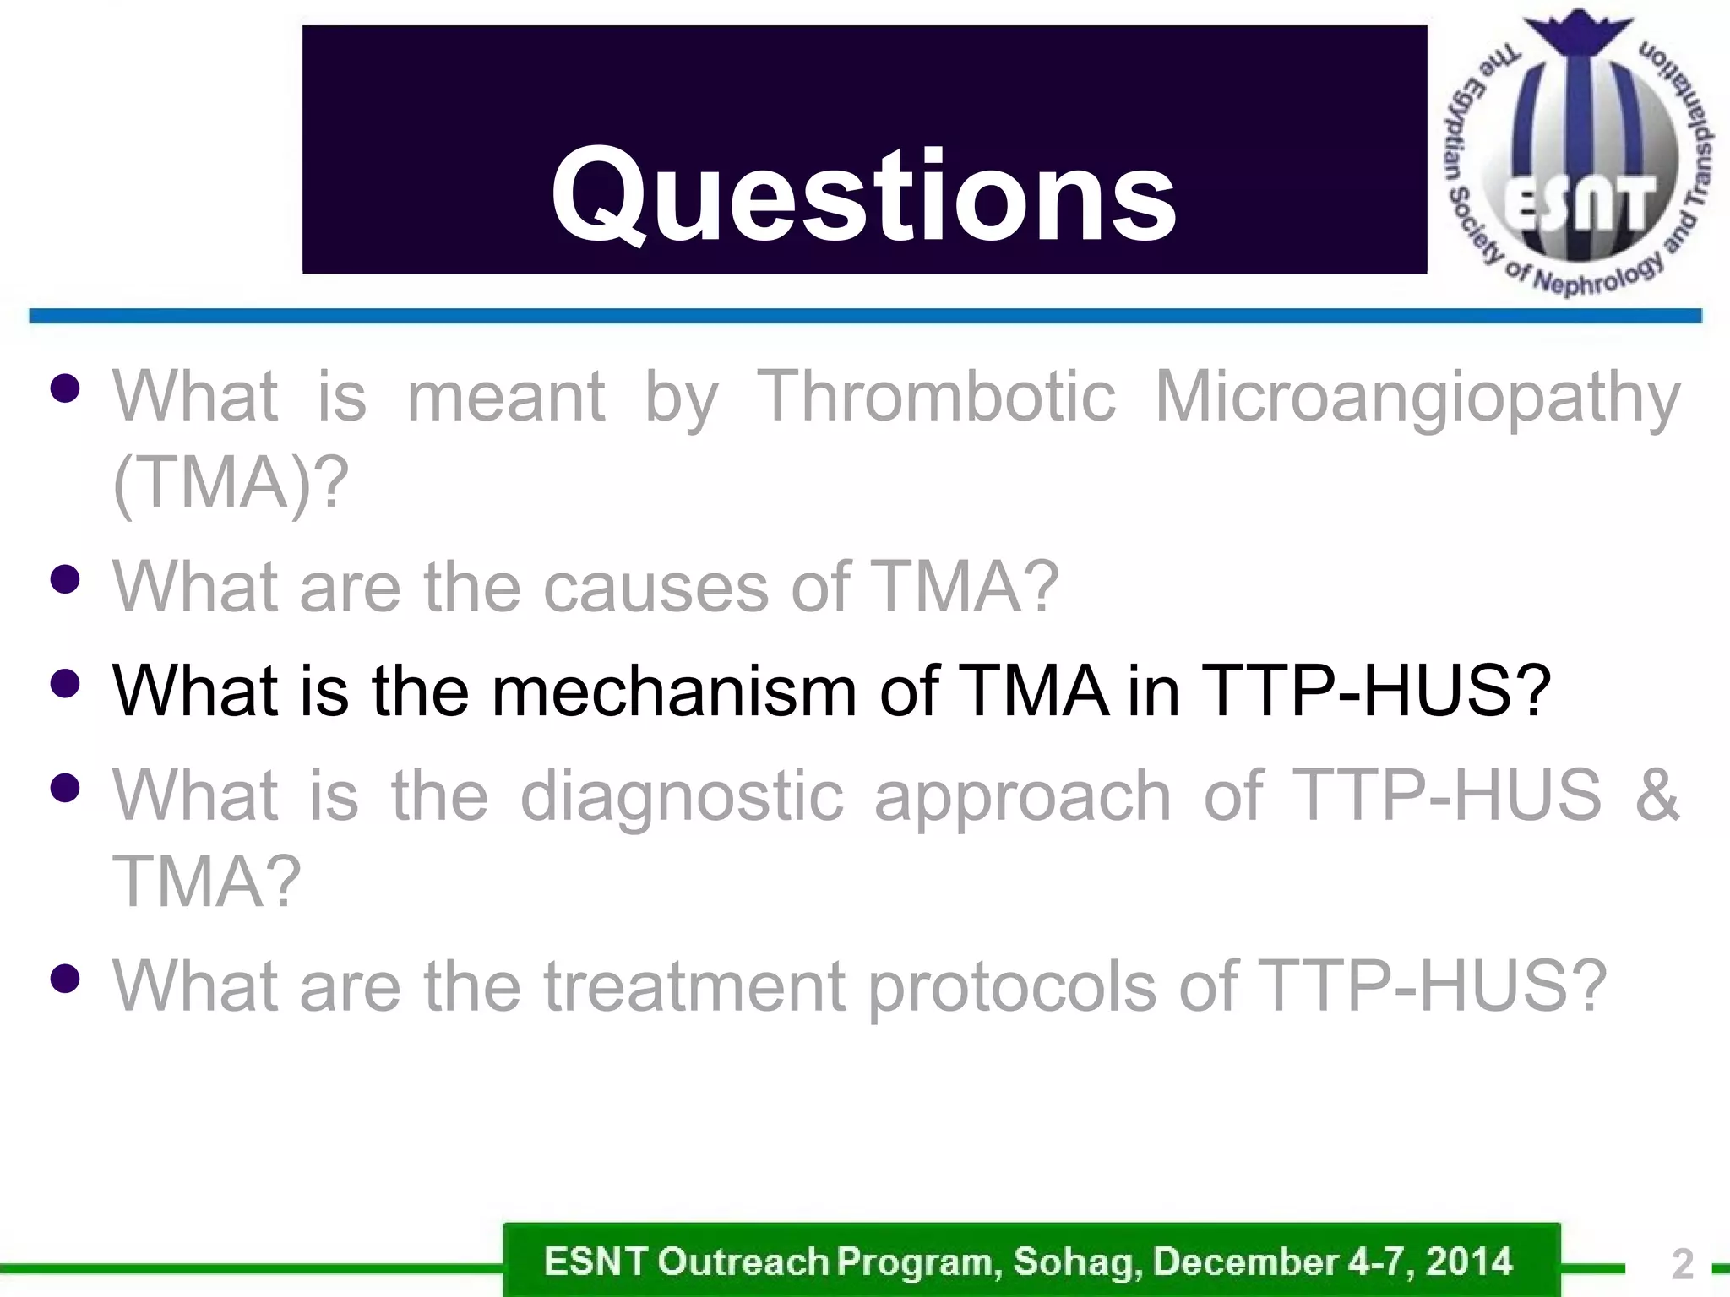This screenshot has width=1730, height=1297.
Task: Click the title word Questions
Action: tap(863, 196)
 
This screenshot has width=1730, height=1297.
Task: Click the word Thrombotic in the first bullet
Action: tap(936, 396)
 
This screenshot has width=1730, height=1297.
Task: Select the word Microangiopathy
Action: tap(1417, 398)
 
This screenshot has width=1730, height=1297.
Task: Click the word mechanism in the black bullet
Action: tap(674, 691)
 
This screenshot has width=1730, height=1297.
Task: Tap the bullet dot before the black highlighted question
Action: tap(64, 683)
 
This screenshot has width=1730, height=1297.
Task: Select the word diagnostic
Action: tap(681, 795)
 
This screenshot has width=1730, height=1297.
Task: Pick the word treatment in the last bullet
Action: tap(694, 985)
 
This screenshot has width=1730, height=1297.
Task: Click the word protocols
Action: tap(1011, 987)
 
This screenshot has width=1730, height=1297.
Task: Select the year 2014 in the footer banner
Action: tap(1469, 1262)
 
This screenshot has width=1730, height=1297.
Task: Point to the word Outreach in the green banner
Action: tap(743, 1262)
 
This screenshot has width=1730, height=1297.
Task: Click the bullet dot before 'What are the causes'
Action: tap(64, 579)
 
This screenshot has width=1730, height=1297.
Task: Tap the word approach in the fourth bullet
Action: tap(1022, 797)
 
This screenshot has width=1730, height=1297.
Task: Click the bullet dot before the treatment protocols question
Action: tap(64, 979)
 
